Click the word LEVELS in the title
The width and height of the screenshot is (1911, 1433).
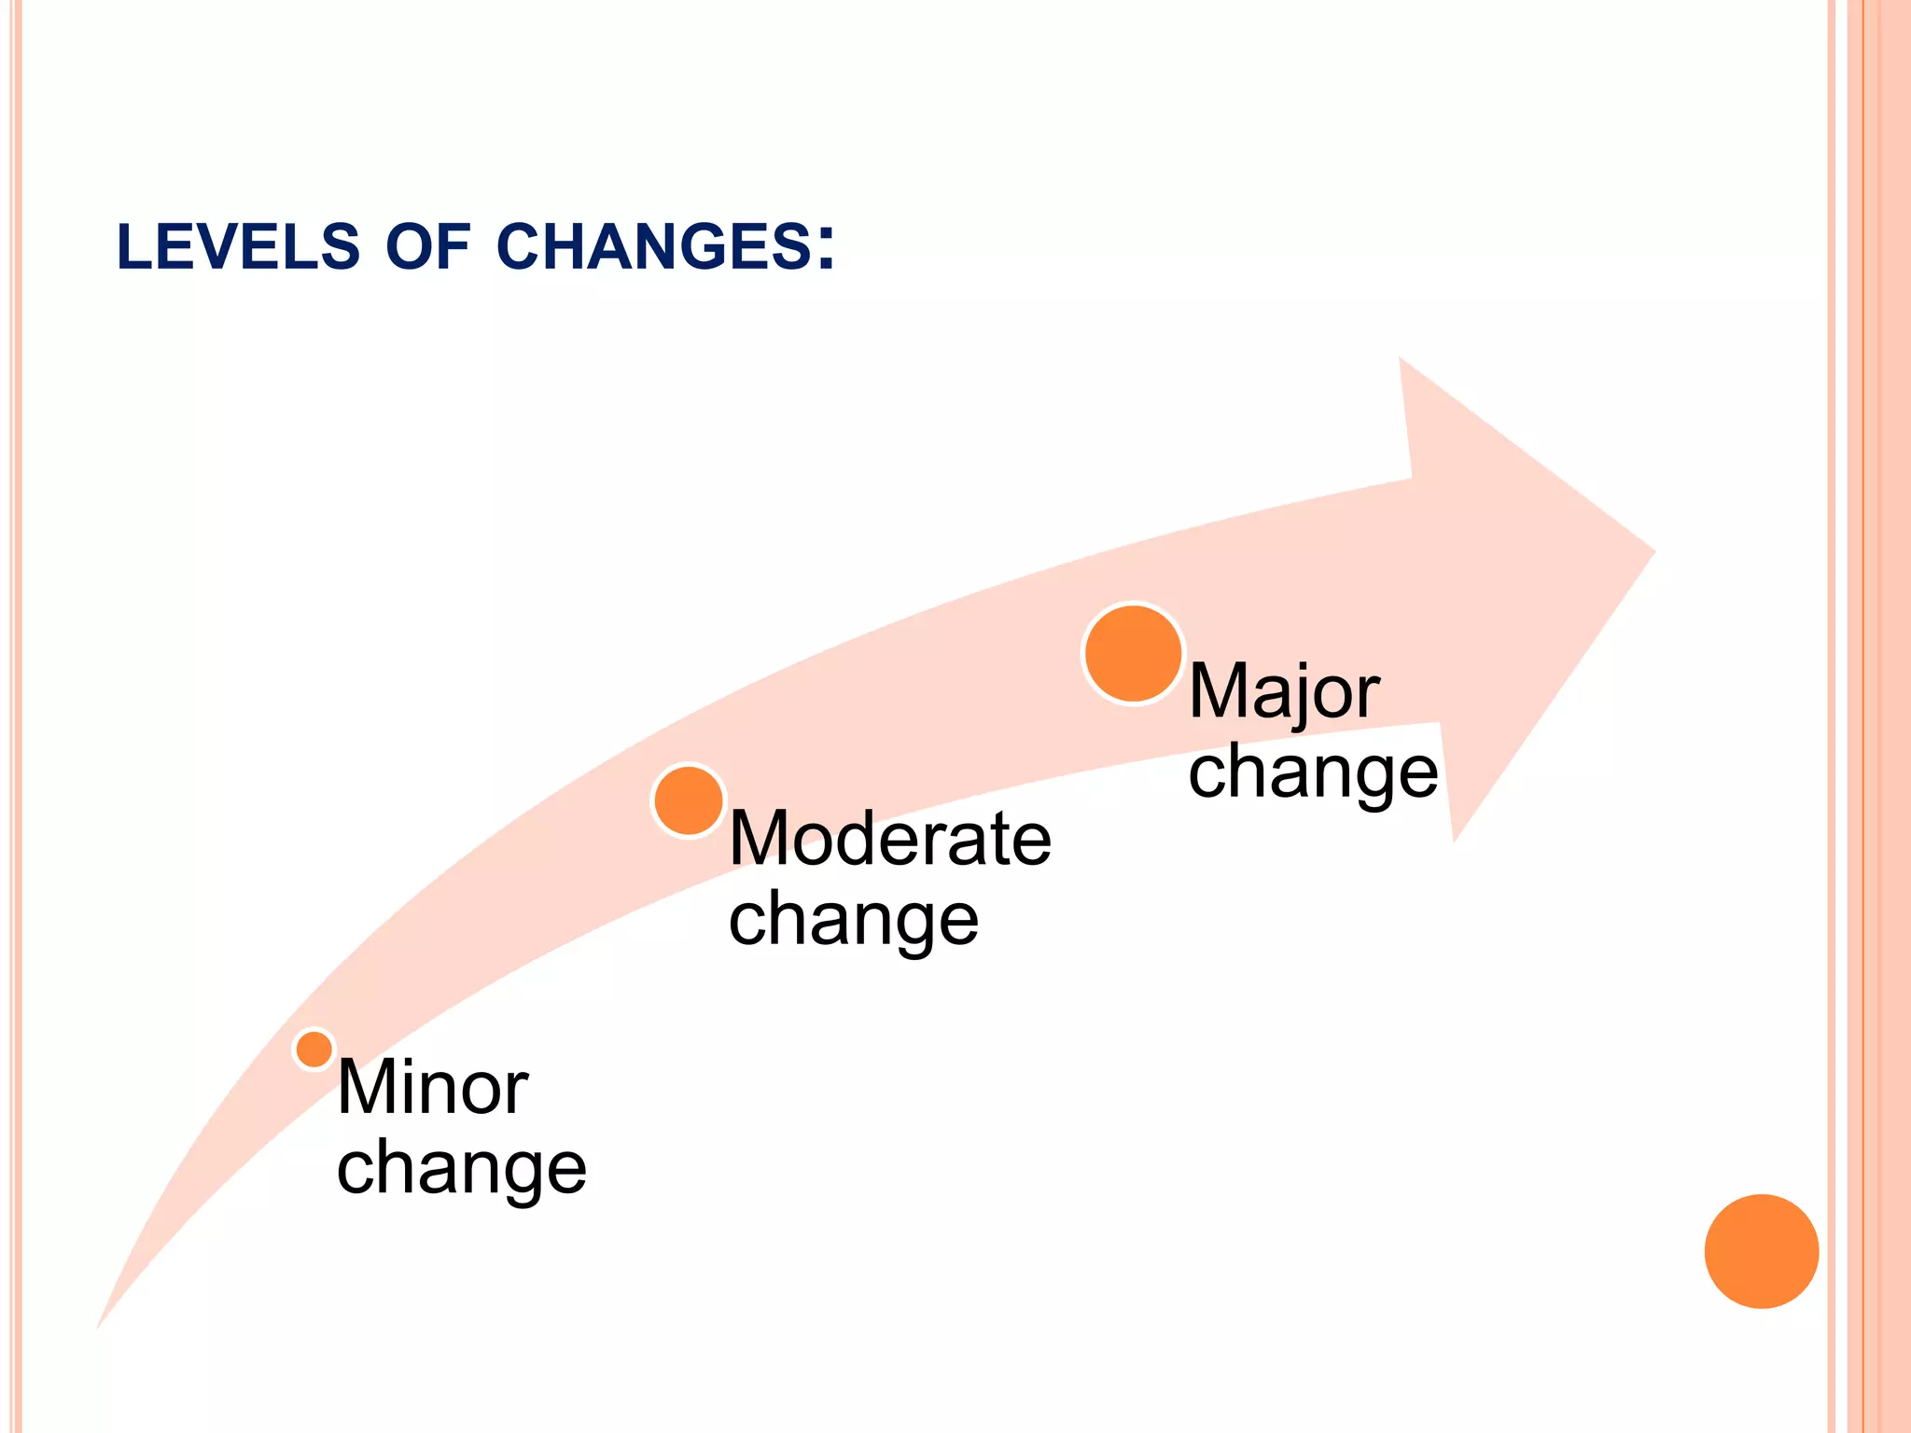click(x=238, y=247)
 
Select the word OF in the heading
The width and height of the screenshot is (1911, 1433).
click(x=427, y=247)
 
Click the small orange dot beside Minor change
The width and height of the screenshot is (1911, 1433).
click(x=314, y=1050)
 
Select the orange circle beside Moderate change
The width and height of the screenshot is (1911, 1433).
click(x=689, y=800)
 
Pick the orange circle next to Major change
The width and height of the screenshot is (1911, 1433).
click(x=1134, y=653)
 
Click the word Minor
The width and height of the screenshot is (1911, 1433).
click(x=433, y=1088)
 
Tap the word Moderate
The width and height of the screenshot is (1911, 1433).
click(x=890, y=839)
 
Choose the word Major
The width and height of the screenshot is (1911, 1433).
click(x=1284, y=692)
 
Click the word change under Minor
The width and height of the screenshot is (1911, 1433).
click(x=462, y=1169)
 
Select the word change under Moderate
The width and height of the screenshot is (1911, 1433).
click(x=854, y=920)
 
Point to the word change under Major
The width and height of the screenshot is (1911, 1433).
click(x=1314, y=772)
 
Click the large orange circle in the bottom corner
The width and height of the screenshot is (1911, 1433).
click(x=1762, y=1251)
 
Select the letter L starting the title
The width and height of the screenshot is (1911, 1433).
click(x=133, y=247)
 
